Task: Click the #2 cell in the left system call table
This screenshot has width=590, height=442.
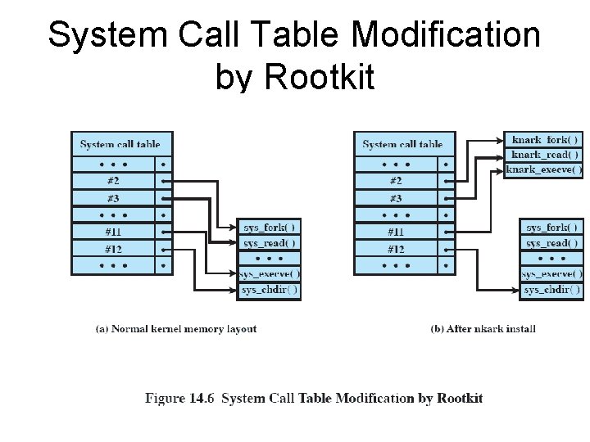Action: (113, 181)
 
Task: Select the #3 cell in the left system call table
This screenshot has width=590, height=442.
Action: (113, 198)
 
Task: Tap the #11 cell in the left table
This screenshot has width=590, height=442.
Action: (113, 232)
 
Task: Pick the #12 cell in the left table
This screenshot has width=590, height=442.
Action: (113, 249)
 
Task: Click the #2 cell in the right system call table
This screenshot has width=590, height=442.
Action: (396, 181)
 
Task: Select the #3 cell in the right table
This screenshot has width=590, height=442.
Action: (396, 198)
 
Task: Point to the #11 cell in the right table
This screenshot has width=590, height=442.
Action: (396, 232)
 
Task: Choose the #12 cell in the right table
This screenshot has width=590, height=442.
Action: (396, 249)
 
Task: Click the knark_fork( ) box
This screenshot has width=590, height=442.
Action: (544, 140)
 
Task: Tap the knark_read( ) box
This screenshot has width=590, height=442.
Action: (544, 155)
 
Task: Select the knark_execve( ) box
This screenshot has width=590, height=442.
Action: (544, 169)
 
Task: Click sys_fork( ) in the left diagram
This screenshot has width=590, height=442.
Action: (270, 227)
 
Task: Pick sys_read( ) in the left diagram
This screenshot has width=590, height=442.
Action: (270, 243)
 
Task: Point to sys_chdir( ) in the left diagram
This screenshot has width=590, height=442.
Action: (270, 290)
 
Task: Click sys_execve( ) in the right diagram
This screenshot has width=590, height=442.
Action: (552, 274)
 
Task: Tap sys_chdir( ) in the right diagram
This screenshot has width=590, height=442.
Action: (552, 290)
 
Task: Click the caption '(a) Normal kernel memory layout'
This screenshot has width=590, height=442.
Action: (176, 329)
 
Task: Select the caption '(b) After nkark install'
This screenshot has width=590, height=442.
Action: (483, 329)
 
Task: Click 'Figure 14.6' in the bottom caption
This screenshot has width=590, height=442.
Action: (180, 399)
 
